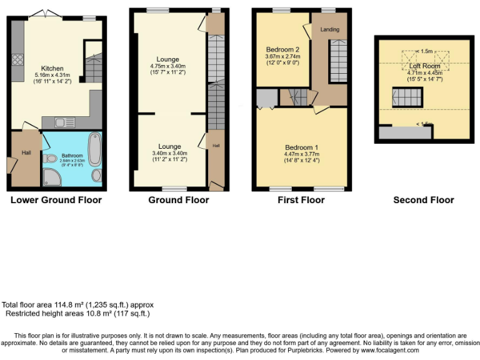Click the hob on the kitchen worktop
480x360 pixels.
pos(17,61)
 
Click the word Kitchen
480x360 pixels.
pos(52,69)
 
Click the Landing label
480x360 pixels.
pos(329,29)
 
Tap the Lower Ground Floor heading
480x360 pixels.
pos(56,200)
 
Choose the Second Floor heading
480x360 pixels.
pos(423,200)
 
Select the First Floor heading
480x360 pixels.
pos(301,200)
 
